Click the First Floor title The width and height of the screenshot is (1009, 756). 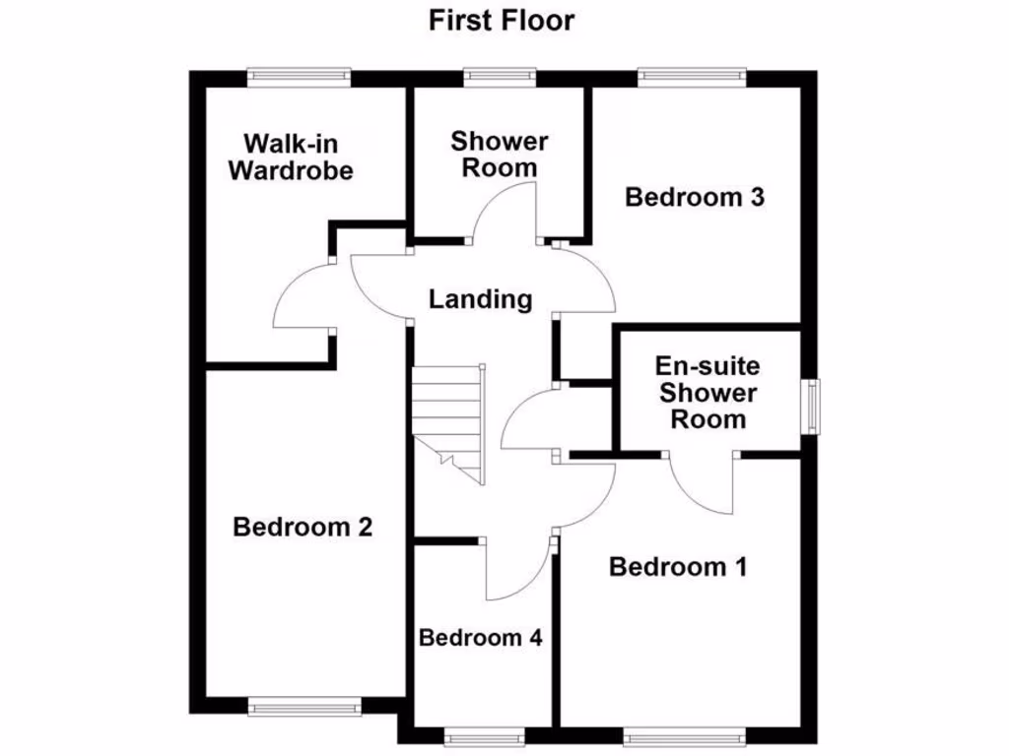pyautogui.click(x=501, y=20)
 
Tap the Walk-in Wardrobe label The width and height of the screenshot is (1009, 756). pyautogui.click(x=291, y=157)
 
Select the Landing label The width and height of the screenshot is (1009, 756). pyautogui.click(x=481, y=299)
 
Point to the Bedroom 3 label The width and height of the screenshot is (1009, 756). pyautogui.click(x=695, y=197)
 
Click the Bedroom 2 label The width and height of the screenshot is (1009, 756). pyautogui.click(x=303, y=527)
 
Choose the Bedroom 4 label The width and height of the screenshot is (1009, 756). pyautogui.click(x=481, y=637)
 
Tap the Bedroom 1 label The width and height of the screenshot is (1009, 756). pyautogui.click(x=678, y=567)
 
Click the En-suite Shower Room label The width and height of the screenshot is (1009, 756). pyautogui.click(x=707, y=393)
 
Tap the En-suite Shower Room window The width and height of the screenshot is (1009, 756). pyautogui.click(x=810, y=407)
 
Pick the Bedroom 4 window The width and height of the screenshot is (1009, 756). pyautogui.click(x=482, y=737)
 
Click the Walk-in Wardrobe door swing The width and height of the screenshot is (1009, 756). pyautogui.click(x=301, y=296)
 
